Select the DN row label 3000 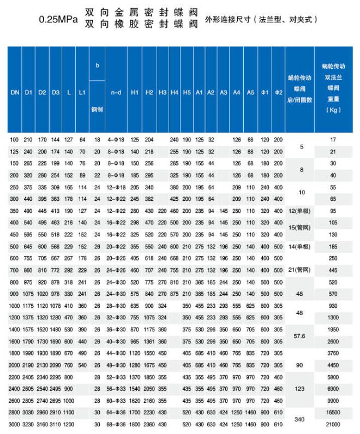(15, 424)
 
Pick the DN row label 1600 (15, 341)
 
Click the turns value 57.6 (301, 335)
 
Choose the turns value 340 (301, 419)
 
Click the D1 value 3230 (28, 424)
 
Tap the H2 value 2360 (149, 424)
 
